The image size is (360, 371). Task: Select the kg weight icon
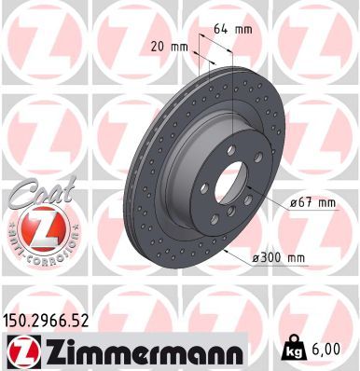pos(294,351)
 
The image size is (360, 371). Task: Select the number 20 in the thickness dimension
pos(156,47)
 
